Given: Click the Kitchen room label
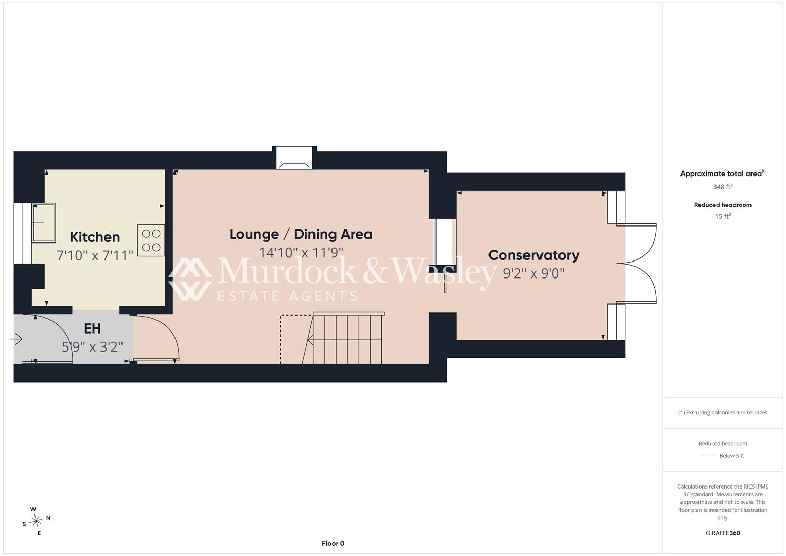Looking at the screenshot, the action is [95, 237].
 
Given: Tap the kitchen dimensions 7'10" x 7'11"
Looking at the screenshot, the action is [95, 255].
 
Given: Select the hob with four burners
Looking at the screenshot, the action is [151, 240].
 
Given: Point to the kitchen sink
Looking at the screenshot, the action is [44, 223].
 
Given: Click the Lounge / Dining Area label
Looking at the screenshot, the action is [301, 234].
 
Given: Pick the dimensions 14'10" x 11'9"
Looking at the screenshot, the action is [301, 252].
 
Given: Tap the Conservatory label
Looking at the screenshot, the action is [533, 255].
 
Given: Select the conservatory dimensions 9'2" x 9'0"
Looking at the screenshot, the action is [533, 273].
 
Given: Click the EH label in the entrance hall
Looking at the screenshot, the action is [92, 328].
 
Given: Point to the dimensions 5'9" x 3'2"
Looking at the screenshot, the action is [92, 347].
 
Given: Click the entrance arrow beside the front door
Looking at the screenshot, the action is [16, 339].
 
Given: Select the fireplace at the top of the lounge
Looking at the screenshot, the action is [294, 158].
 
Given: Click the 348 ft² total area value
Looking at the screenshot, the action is [723, 187].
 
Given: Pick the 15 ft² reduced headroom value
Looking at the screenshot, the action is [723, 216].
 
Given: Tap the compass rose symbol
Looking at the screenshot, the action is [36, 521].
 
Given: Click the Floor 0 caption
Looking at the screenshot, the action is [333, 543].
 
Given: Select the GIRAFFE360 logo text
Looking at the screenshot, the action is [723, 533].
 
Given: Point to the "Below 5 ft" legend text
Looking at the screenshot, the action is [731, 456].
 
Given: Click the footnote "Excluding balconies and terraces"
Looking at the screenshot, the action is [726, 413].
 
